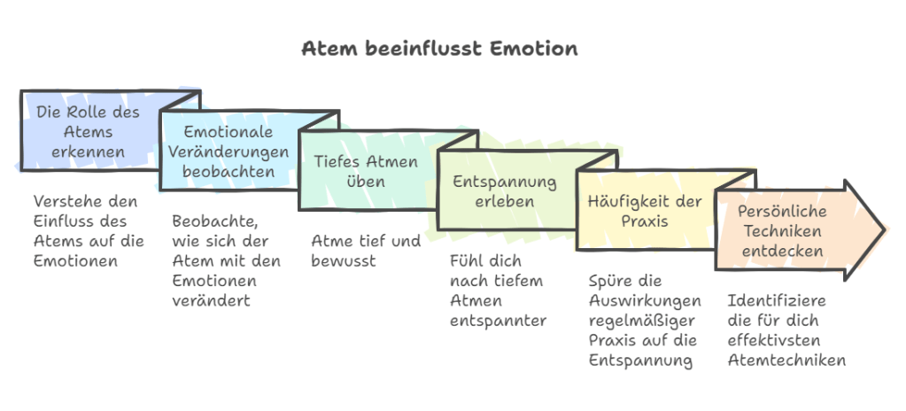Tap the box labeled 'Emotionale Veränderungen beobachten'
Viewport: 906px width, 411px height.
pos(228,151)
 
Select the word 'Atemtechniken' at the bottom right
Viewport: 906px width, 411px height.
pos(786,361)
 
